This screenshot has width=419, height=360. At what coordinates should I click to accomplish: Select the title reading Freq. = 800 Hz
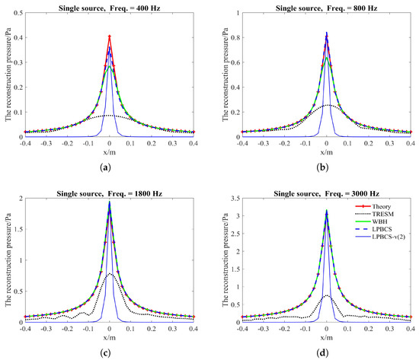click(x=327, y=6)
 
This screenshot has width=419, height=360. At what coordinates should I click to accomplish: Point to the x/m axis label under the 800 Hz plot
click(x=327, y=151)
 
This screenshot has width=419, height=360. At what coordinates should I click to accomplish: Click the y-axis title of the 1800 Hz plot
click(x=6, y=259)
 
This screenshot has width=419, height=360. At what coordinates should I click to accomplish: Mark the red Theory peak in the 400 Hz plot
click(x=110, y=36)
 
